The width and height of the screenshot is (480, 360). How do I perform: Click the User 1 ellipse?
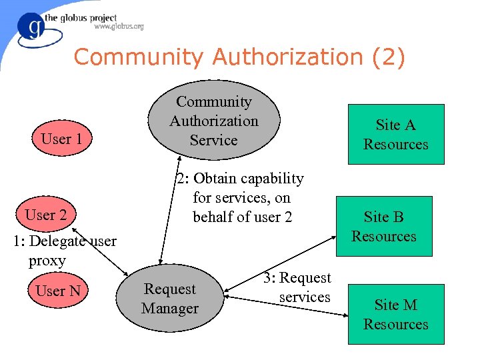[x=61, y=139]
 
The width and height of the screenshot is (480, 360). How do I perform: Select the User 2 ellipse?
[x=45, y=215]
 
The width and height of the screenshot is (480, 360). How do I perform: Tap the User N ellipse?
[x=58, y=291]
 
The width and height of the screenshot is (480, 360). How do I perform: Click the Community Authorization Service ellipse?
[x=213, y=121]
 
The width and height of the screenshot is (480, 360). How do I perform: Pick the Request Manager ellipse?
[x=170, y=299]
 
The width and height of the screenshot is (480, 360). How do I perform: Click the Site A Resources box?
[x=396, y=135]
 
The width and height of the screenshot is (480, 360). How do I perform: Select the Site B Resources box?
[x=384, y=226]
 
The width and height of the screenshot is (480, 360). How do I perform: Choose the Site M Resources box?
[x=396, y=314]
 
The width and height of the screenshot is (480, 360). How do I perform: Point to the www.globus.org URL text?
[x=119, y=27]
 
